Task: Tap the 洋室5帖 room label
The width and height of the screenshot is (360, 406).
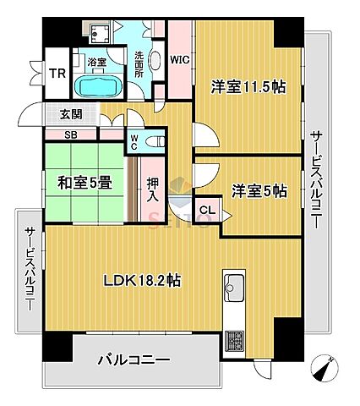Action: tap(254, 192)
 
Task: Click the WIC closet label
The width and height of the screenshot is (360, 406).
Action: tap(179, 60)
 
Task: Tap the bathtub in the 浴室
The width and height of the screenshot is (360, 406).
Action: tap(99, 87)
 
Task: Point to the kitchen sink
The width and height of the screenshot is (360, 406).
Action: tap(233, 287)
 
